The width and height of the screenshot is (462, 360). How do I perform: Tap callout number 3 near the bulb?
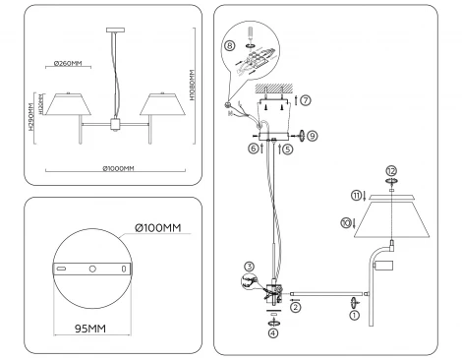(x=250, y=265)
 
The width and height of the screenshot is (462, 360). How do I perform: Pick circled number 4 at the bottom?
(x=274, y=332)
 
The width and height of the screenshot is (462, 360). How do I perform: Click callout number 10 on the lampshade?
(x=345, y=223)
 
